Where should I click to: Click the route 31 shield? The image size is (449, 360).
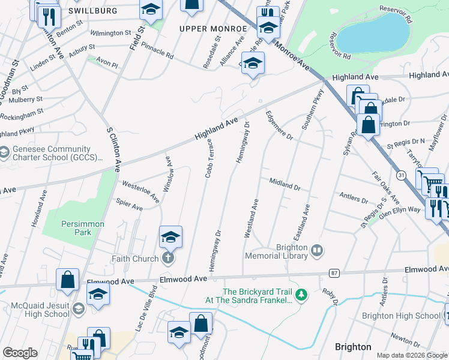tap(402, 174)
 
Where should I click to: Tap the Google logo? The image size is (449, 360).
tap(20, 352)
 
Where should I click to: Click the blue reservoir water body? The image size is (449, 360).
tap(372, 33)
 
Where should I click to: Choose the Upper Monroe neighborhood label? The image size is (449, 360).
tap(213, 29)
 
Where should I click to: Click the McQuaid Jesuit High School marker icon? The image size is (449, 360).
tap(78, 309)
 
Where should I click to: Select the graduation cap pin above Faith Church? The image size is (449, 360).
tap(170, 237)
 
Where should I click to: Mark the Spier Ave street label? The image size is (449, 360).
tap(129, 206)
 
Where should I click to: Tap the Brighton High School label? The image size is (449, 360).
tap(401, 316)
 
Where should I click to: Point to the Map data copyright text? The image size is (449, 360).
tap(411, 355)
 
